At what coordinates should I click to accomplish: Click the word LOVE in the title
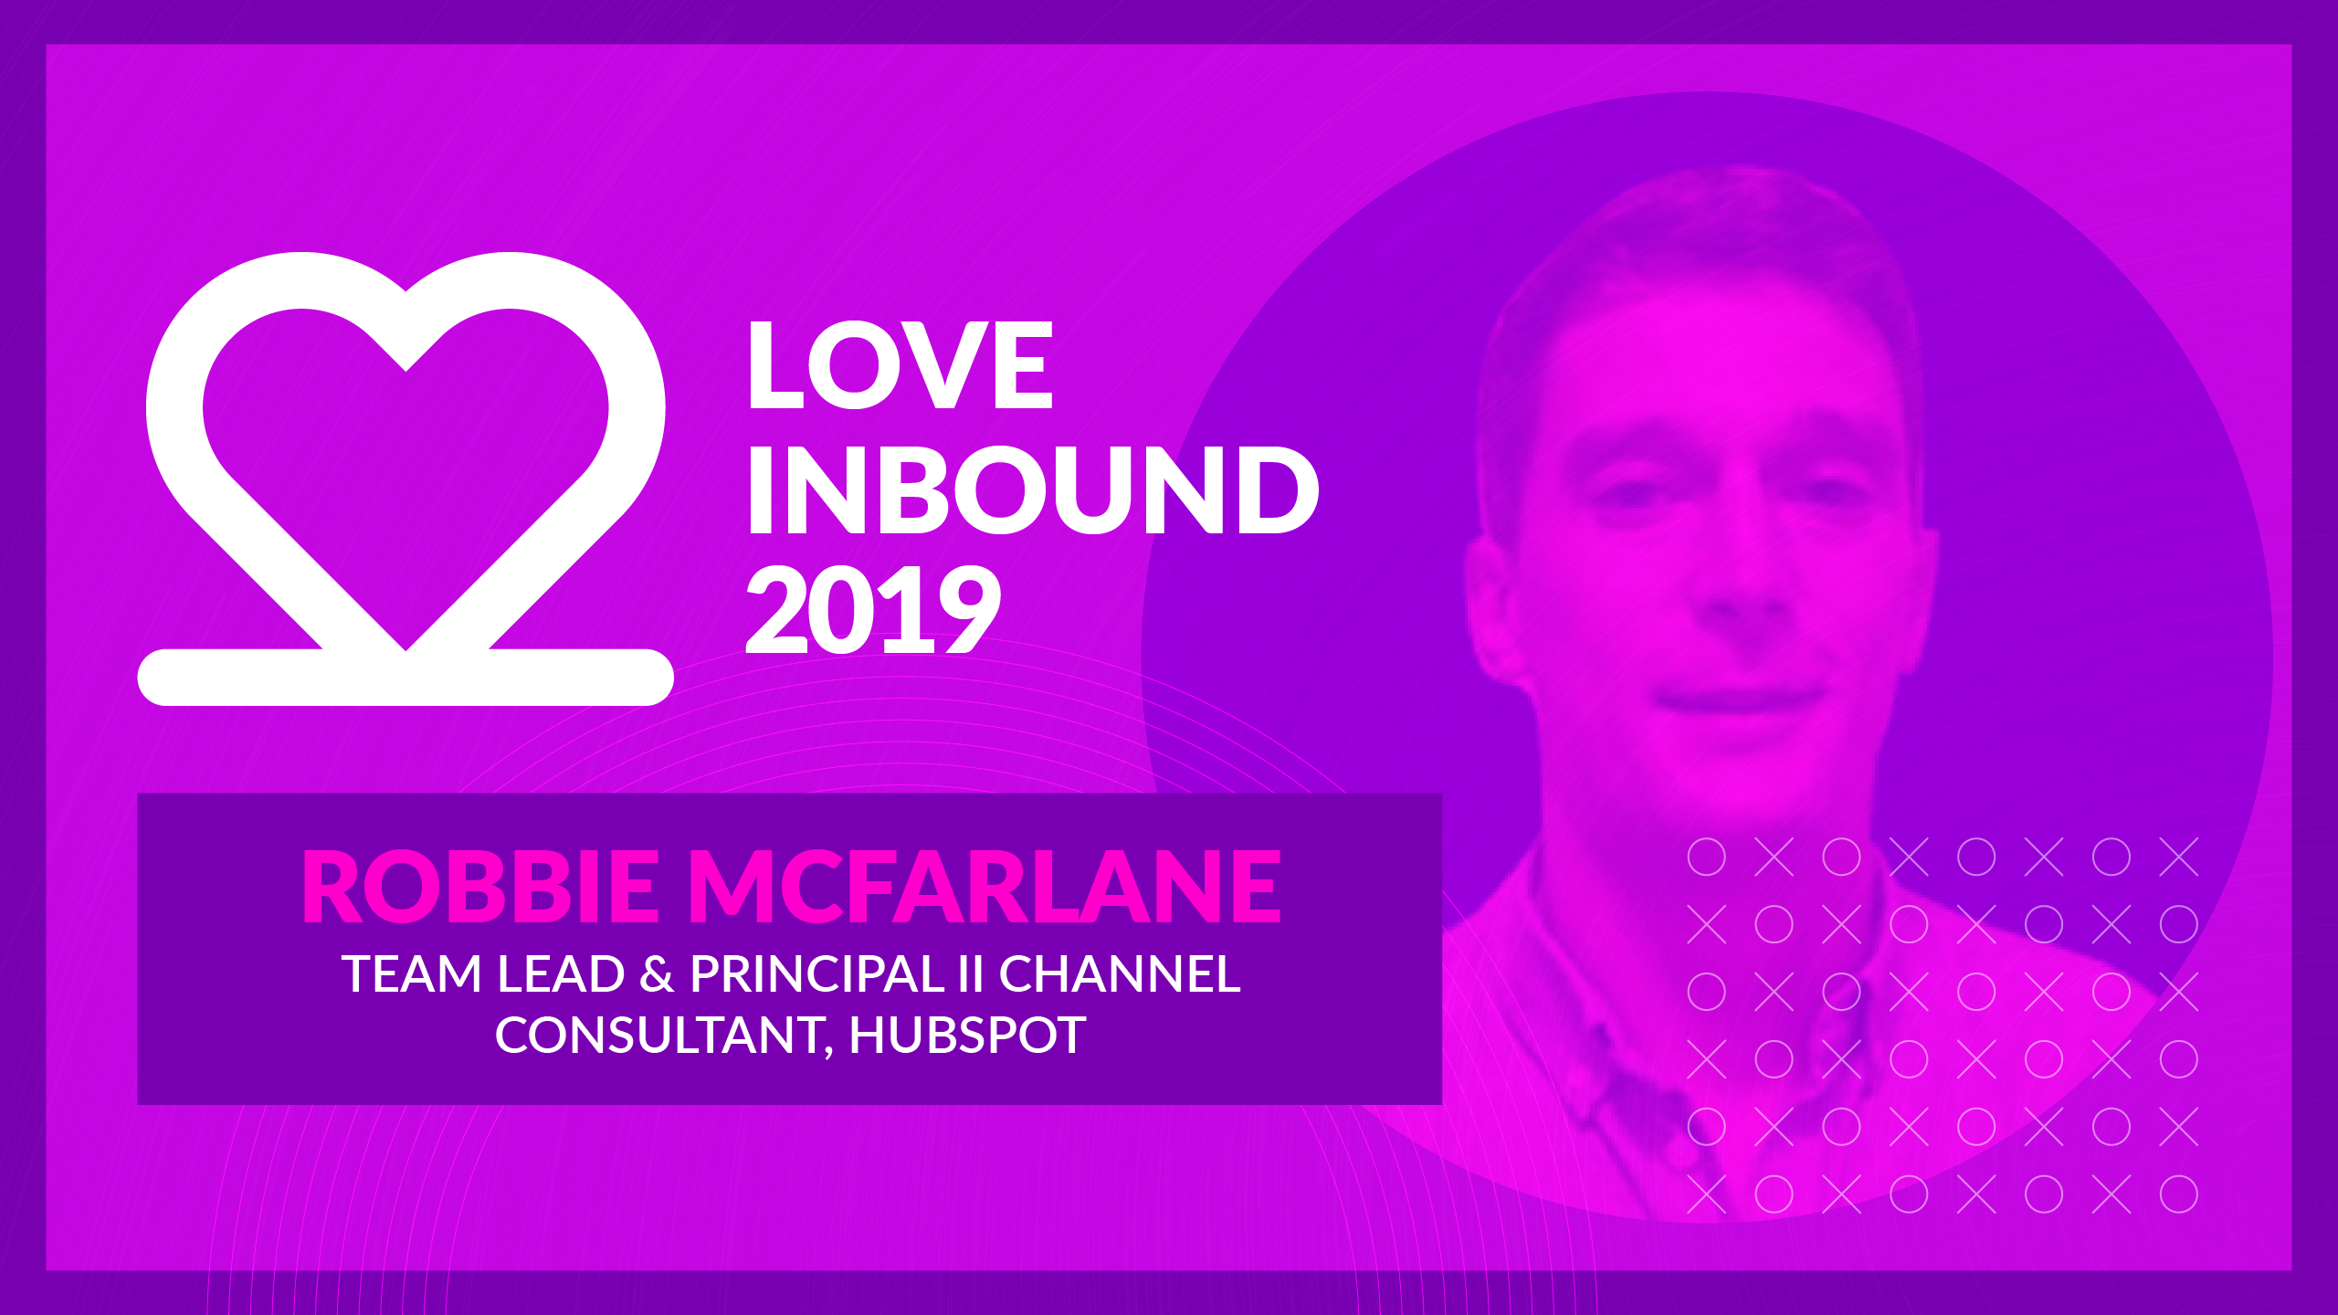point(900,365)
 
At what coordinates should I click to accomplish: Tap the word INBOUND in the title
point(1033,489)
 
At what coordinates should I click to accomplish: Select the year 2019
point(874,609)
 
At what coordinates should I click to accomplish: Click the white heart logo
point(405,479)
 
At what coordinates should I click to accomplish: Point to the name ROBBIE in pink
point(480,886)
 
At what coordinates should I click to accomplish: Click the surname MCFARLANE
point(985,886)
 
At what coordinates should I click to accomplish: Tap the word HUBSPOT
point(968,1036)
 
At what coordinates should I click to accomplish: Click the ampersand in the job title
point(657,973)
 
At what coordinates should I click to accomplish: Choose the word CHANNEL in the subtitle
point(1120,973)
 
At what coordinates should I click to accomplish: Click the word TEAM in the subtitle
point(412,973)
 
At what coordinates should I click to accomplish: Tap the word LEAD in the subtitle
point(561,973)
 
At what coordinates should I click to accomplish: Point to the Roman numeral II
point(971,973)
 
